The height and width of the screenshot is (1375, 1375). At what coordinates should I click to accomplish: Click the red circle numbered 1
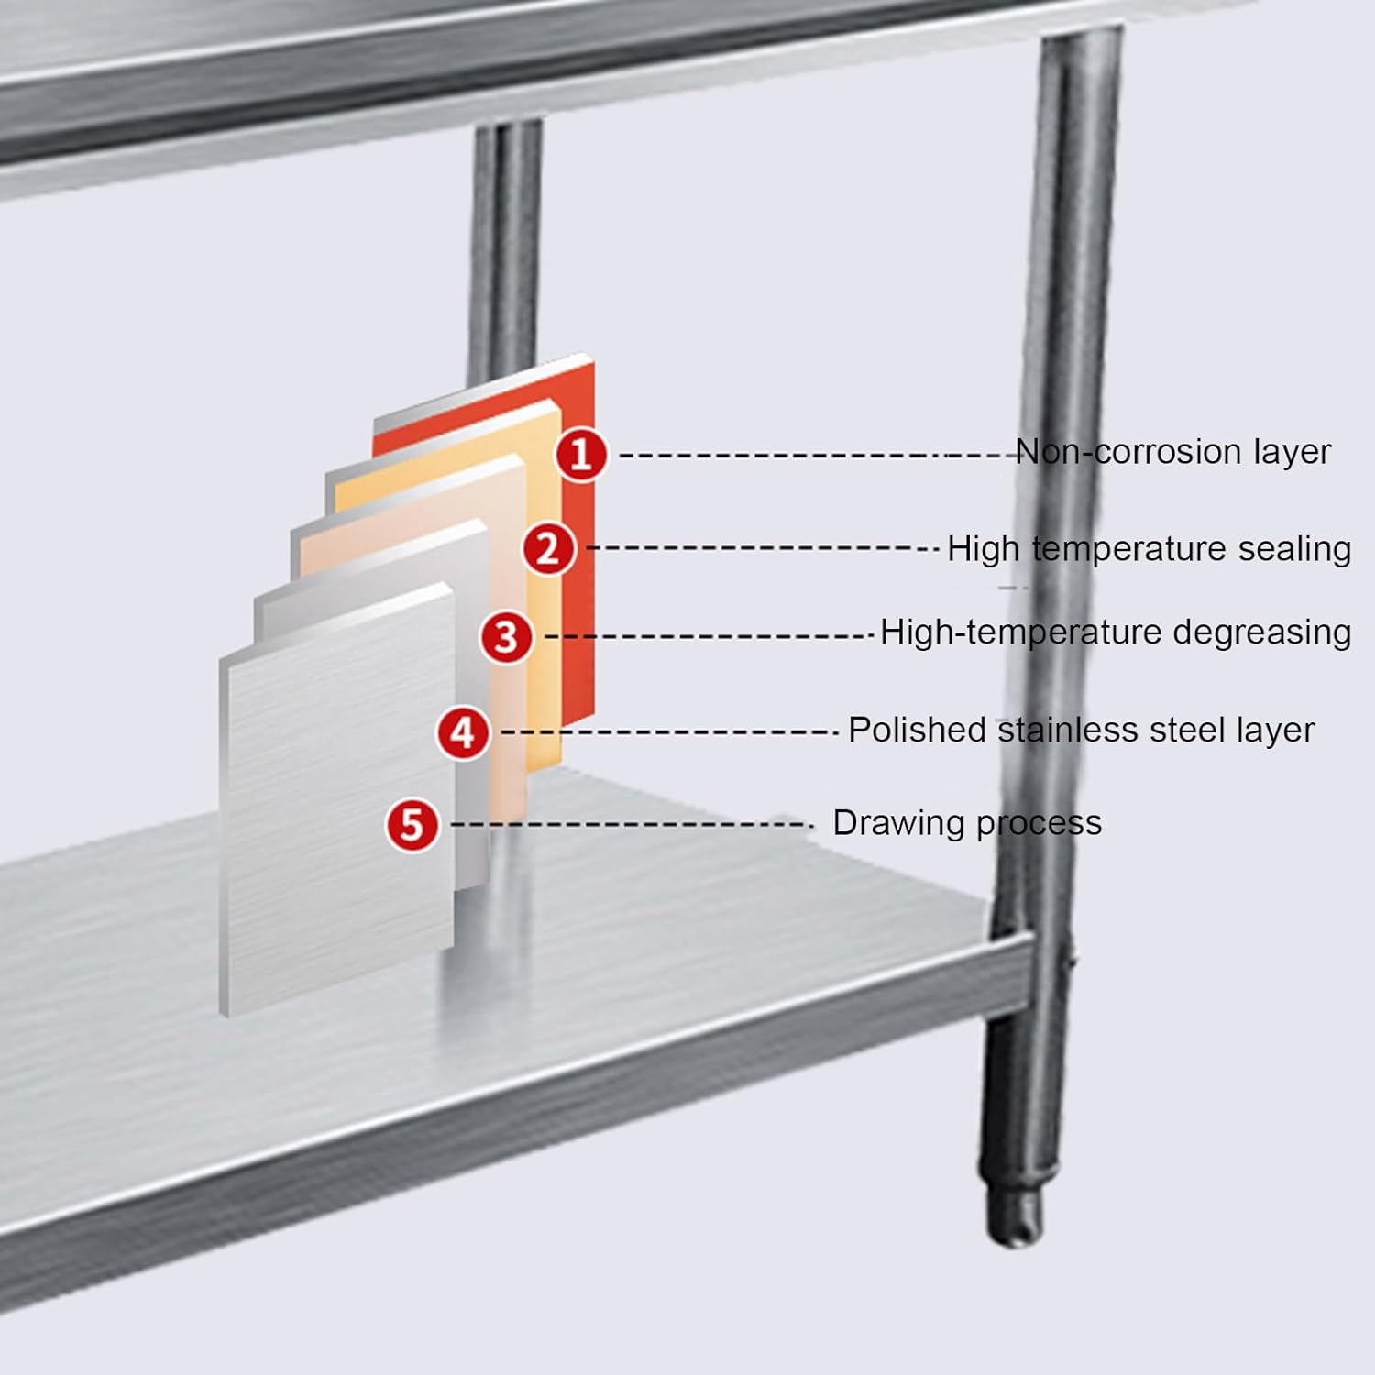pyautogui.click(x=581, y=454)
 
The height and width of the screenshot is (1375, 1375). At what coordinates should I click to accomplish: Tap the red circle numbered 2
pyautogui.click(x=548, y=549)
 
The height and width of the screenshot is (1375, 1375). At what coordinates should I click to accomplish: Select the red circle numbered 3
pyautogui.click(x=507, y=637)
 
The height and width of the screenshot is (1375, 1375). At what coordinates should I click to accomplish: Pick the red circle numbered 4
pyautogui.click(x=463, y=733)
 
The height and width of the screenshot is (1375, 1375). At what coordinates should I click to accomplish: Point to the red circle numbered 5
pyautogui.click(x=412, y=824)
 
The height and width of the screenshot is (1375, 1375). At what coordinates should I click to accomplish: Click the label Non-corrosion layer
pyautogui.click(x=1172, y=452)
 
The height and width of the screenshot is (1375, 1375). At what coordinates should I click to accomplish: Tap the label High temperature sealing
pyautogui.click(x=1149, y=548)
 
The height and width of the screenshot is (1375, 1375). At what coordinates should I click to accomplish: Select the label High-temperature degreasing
pyautogui.click(x=1115, y=632)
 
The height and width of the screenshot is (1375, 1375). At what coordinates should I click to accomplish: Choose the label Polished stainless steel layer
pyautogui.click(x=1081, y=730)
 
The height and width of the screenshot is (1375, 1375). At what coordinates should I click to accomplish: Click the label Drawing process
pyautogui.click(x=966, y=822)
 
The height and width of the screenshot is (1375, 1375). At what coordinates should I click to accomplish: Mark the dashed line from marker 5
pyautogui.click(x=632, y=825)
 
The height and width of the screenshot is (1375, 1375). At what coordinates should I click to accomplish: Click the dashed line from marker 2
pyautogui.click(x=761, y=548)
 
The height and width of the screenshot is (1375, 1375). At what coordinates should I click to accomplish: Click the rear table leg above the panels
pyautogui.click(x=504, y=247)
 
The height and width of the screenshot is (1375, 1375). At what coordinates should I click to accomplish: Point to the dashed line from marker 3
pyautogui.click(x=710, y=635)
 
